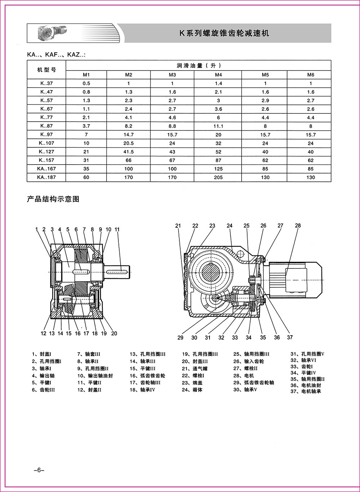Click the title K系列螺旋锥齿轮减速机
point(224,33)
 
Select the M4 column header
point(218,75)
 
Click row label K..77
point(46,117)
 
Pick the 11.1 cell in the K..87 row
point(218,126)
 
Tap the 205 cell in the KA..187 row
point(218,177)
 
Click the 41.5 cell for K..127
point(129,152)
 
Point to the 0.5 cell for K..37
point(86,83)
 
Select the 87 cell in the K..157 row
point(218,160)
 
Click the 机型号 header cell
point(46,70)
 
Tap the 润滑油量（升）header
point(198,66)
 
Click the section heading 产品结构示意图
point(53,199)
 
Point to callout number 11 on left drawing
point(117,229)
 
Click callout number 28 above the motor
point(298,226)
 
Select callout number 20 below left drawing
point(114,334)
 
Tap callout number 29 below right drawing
point(180,337)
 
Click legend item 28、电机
point(244,376)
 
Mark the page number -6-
point(38,470)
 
